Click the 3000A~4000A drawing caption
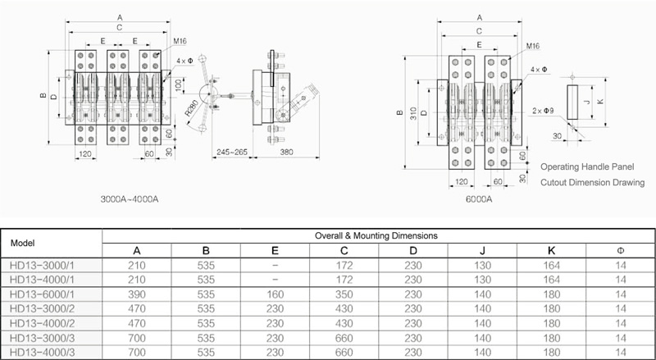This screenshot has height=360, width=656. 130,198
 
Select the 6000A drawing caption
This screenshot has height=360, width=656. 479,199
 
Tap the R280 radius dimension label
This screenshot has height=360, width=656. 192,107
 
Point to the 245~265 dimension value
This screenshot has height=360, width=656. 232,152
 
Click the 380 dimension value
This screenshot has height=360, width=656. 286,152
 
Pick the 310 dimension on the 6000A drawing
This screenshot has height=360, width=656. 414,113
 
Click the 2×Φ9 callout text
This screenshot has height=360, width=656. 544,111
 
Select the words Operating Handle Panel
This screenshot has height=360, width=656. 587,166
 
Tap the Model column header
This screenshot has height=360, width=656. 23,244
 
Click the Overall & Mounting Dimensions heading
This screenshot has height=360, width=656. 376,235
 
